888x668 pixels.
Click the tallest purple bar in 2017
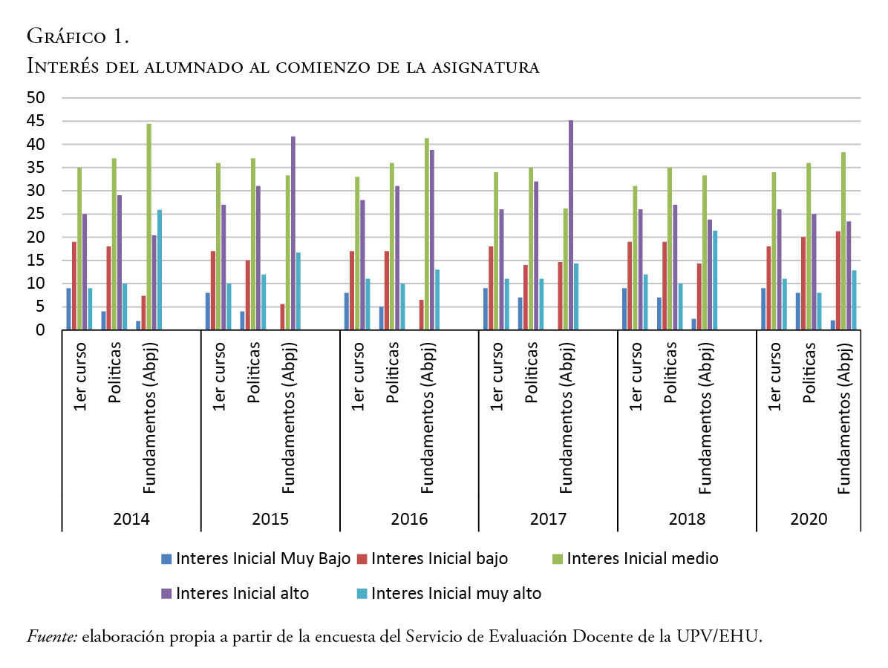coord(571,225)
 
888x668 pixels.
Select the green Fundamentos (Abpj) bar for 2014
coord(148,226)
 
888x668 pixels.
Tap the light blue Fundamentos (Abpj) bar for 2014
coord(160,270)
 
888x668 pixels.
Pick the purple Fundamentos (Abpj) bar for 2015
coord(293,233)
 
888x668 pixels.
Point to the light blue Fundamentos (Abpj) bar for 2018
coord(715,281)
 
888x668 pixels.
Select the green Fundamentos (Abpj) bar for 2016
coord(426,234)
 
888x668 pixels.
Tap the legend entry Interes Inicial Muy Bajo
coord(256,559)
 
